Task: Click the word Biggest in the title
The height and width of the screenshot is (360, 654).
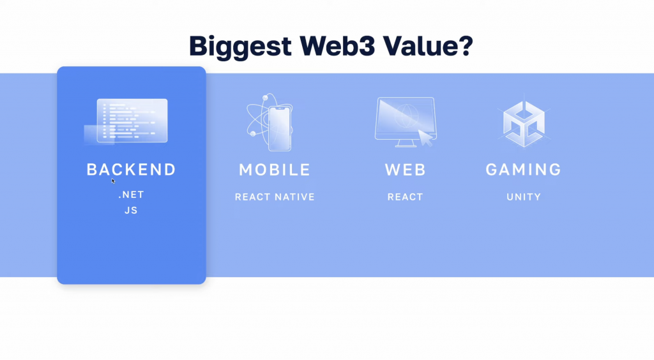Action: (240, 46)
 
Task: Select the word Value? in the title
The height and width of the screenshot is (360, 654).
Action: (429, 45)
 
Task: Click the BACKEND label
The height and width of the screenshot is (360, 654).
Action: (131, 170)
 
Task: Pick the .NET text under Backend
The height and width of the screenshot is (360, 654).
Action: (132, 195)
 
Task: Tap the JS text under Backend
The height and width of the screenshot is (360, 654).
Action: (131, 211)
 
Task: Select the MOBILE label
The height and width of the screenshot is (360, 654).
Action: (275, 170)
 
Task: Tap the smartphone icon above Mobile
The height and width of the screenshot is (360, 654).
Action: (280, 128)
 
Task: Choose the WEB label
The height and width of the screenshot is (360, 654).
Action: (405, 170)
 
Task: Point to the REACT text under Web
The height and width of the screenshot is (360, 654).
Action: (405, 197)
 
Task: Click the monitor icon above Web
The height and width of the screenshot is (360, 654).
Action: (406, 122)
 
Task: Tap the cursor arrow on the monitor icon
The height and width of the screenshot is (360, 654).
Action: (425, 138)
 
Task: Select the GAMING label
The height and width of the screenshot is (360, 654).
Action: (524, 170)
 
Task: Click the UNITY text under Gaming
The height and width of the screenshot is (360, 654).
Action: (524, 197)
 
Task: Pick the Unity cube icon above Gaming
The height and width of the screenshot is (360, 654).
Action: (524, 124)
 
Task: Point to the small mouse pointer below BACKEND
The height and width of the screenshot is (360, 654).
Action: (113, 181)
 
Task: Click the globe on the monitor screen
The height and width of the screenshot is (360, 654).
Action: (406, 115)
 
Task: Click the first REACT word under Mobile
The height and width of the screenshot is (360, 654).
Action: (253, 197)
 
